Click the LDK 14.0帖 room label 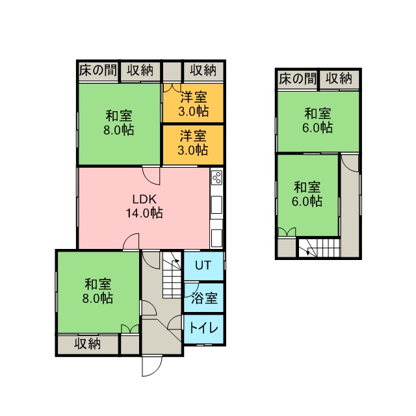[x=144, y=206]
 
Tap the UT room [x=203, y=266]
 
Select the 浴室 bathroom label [x=204, y=298]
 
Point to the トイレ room [x=203, y=329]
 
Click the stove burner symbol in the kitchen [x=216, y=177]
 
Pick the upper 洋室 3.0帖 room [x=193, y=103]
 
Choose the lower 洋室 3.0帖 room [x=193, y=145]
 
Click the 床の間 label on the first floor [x=98, y=71]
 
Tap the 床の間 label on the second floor [x=298, y=79]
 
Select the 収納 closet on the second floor [x=339, y=79]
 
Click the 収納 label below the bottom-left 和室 [x=87, y=344]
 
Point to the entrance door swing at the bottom [x=151, y=367]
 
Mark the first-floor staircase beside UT [x=172, y=275]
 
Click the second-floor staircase [x=319, y=248]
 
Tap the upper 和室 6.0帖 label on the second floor [x=318, y=120]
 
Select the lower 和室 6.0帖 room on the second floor [x=307, y=195]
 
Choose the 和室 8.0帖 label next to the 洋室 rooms [x=118, y=123]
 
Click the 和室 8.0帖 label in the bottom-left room [x=97, y=291]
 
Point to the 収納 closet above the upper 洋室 [x=203, y=71]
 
